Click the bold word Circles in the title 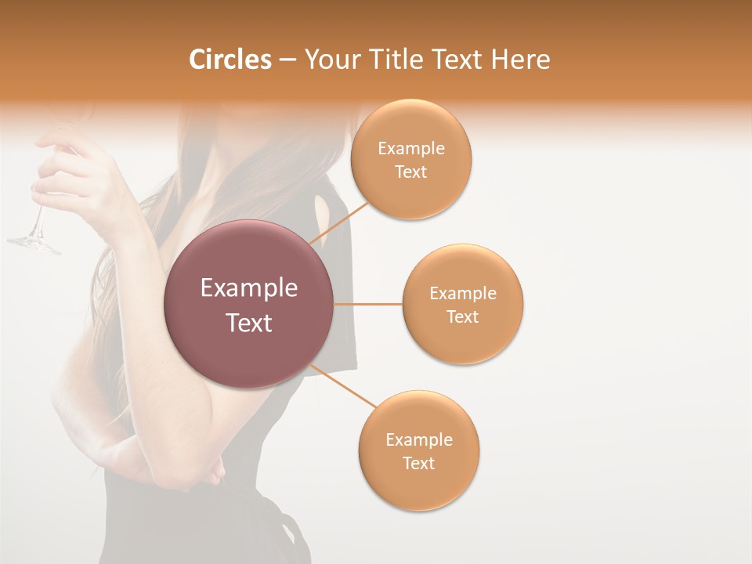(x=230, y=60)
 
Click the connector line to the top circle (x=339, y=222)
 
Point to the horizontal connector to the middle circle (x=367, y=304)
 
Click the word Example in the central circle (x=249, y=288)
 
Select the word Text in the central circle (x=249, y=323)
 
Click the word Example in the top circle (x=411, y=148)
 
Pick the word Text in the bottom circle (x=419, y=463)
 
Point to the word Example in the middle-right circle (x=463, y=293)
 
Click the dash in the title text (x=287, y=60)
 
